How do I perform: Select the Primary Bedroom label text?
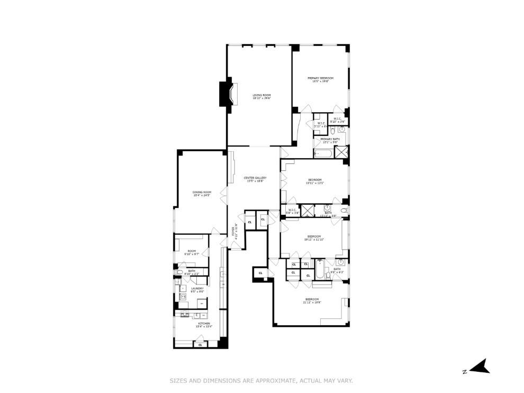point(321,78)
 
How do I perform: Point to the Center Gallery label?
point(255,178)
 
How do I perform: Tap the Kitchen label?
point(204,323)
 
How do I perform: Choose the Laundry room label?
point(197,288)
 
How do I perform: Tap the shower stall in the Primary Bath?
point(341,153)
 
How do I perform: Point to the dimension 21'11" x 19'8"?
point(312,303)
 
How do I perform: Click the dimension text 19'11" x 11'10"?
point(314,240)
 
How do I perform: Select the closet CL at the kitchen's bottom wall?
point(200,345)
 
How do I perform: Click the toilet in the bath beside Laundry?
point(180,272)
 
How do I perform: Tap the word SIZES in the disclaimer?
point(178,380)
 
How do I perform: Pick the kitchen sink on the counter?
point(197,316)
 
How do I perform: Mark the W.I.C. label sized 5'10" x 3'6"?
point(338,119)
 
